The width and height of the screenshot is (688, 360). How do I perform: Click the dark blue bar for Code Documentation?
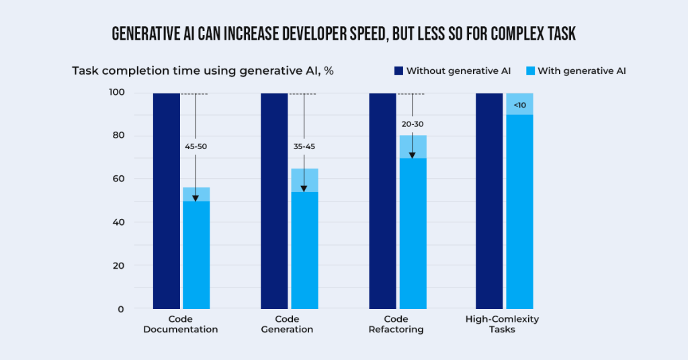click(166, 201)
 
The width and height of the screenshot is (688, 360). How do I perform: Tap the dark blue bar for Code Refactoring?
click(382, 201)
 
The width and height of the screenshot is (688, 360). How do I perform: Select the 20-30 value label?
click(412, 124)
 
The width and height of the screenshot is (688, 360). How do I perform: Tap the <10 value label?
click(519, 105)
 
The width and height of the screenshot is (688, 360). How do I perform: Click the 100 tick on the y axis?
click(116, 93)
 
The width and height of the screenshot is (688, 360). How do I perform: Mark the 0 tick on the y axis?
click(120, 309)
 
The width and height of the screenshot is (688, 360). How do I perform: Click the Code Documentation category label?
click(181, 324)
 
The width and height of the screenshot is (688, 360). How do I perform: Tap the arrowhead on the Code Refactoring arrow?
click(412, 154)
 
